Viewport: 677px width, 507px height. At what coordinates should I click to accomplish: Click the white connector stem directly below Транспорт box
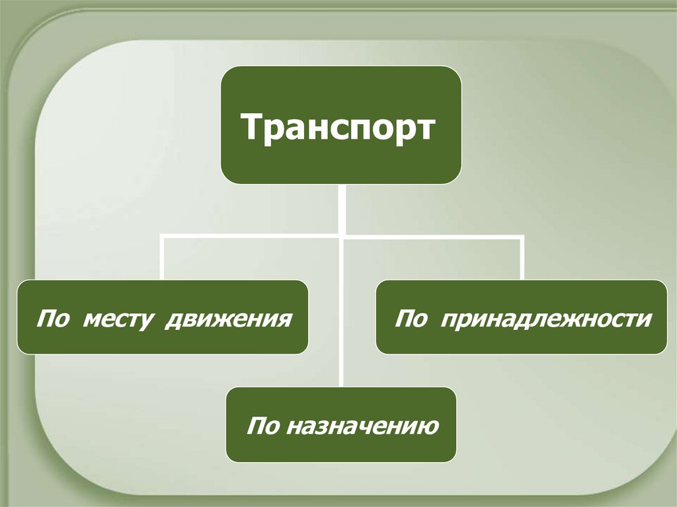pos(341,208)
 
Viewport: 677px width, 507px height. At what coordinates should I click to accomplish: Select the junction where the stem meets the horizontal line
pos(341,236)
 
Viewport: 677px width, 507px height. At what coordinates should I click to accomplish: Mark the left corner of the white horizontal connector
pos(163,236)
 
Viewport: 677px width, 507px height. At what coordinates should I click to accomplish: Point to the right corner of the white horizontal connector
pos(522,236)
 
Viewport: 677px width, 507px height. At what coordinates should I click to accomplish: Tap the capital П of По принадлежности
pos(403,319)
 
